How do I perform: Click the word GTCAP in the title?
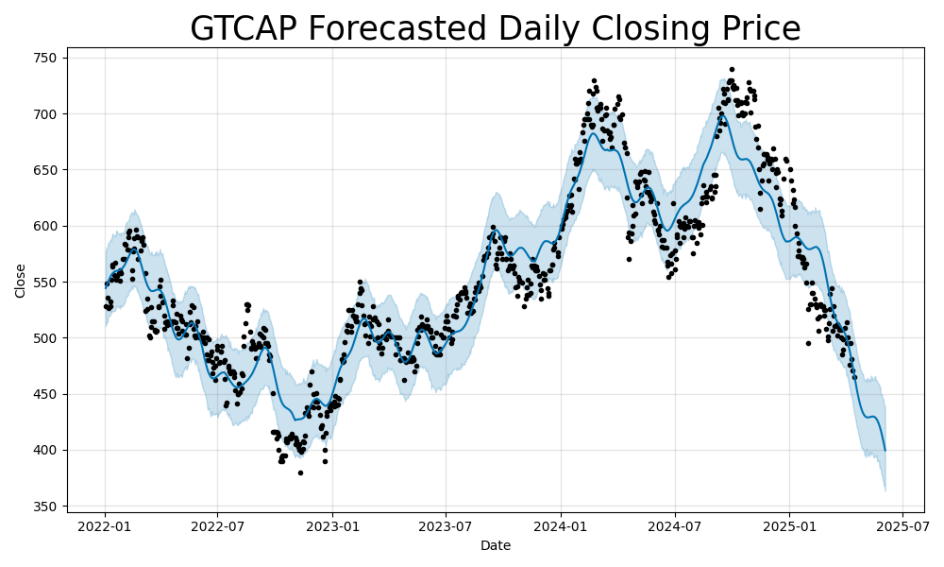click(242, 29)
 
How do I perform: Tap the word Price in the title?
click(755, 29)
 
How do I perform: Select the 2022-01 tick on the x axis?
click(105, 526)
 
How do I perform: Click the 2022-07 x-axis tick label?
click(217, 526)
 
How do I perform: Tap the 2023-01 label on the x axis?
click(332, 526)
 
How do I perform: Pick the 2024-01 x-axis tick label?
click(561, 526)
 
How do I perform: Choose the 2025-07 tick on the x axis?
click(902, 526)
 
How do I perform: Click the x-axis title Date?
click(496, 545)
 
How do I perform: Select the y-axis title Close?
click(21, 281)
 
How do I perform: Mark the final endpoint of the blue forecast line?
click(885, 451)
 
